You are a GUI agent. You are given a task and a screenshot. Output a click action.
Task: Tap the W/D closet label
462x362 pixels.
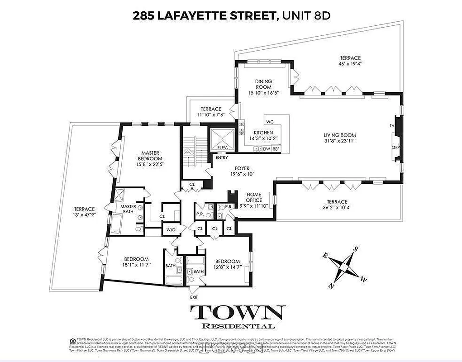point(171,229)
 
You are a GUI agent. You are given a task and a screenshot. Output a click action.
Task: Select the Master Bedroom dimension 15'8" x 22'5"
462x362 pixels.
point(150,165)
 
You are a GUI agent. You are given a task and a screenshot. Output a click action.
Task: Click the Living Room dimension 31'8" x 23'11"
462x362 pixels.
point(339,141)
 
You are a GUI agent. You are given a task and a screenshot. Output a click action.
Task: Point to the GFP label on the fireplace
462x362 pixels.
point(396,148)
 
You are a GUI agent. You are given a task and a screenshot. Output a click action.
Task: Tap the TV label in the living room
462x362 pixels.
point(392,125)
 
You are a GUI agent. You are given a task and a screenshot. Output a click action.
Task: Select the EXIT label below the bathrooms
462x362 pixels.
point(194,297)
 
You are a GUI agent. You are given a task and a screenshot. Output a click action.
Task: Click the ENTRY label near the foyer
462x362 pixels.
point(222,158)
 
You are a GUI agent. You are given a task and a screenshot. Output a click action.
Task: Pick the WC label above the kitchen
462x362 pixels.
point(270,122)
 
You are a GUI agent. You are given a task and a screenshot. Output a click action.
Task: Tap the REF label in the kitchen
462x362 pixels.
point(276,148)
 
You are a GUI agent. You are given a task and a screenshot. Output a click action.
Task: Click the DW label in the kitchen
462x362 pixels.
point(267,148)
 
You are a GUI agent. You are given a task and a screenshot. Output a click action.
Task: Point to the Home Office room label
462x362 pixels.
point(253,197)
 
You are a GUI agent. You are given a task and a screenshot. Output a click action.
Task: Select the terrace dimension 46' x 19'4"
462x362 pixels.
point(351,64)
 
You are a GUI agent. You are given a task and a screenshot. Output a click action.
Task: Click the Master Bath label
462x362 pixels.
point(128,210)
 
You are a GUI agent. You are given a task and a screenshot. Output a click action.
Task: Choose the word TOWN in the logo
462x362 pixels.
point(238,313)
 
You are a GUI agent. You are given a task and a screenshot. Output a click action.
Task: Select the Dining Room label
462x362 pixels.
point(263,84)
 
